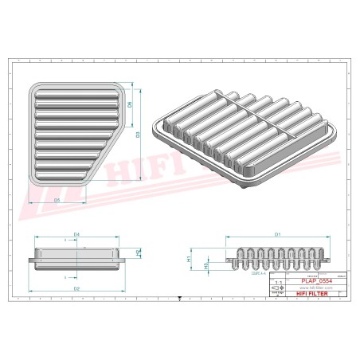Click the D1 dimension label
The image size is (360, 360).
[277, 234]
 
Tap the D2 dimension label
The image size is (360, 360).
[76, 287]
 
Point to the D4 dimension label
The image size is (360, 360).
[76, 233]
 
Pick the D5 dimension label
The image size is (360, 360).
[57, 201]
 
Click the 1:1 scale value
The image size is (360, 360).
[278, 282]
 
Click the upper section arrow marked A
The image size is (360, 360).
[62, 238]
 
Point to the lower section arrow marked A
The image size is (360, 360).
[62, 277]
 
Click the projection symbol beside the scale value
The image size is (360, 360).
[278, 288]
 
